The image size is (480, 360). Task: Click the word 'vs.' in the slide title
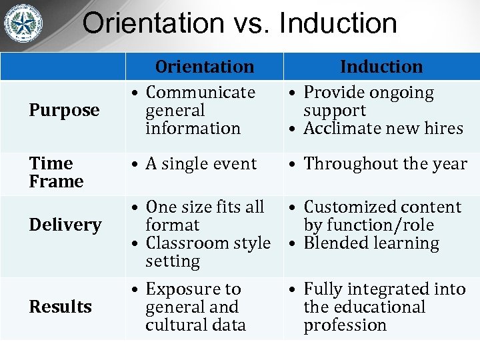(250, 23)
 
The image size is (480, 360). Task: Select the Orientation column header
(205, 67)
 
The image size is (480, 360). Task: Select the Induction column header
(381, 67)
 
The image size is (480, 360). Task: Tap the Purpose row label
(64, 110)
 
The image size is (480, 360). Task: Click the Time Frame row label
(57, 172)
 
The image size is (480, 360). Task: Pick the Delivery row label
(65, 225)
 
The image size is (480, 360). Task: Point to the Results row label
(61, 307)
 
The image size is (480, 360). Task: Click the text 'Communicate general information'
(200, 110)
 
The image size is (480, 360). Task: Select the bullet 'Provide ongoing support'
(368, 101)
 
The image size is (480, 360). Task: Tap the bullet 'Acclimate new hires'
(383, 128)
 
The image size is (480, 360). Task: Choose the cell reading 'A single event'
(201, 163)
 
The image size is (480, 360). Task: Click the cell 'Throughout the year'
(385, 163)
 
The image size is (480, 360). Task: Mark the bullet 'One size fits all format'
(204, 216)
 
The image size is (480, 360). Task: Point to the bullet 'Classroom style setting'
(207, 252)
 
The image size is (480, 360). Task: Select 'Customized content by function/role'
(381, 216)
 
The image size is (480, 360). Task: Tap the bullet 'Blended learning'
(371, 243)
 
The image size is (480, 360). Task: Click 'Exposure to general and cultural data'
(195, 307)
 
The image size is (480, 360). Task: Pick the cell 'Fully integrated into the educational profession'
(384, 307)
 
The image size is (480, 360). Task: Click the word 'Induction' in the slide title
(338, 23)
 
